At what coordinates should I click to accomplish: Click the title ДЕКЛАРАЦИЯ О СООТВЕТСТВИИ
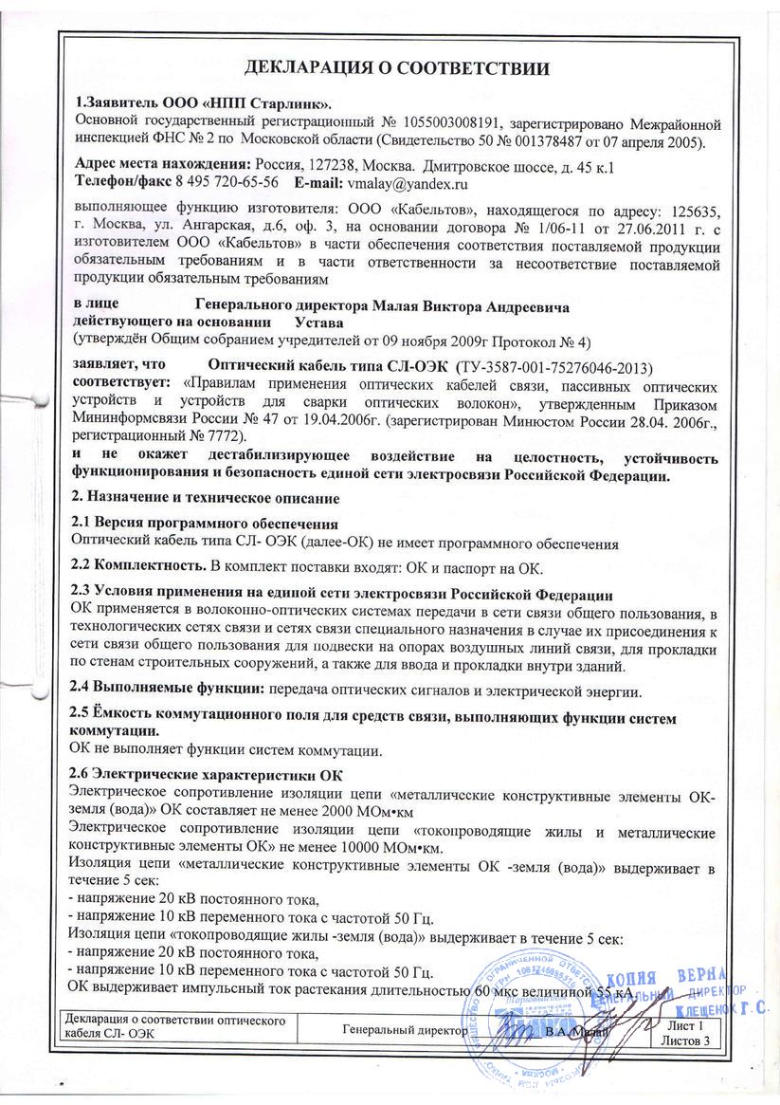coord(397,67)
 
